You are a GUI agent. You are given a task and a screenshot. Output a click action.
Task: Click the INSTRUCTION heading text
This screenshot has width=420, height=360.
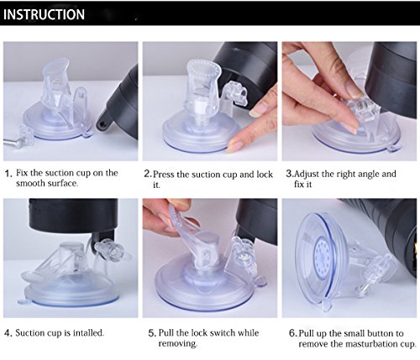click(x=44, y=14)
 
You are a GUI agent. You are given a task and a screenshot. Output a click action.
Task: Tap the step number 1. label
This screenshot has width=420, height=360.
click(x=8, y=174)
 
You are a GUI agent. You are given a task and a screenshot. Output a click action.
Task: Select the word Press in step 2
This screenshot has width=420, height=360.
click(x=164, y=175)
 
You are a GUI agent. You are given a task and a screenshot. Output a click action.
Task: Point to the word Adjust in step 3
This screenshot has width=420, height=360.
click(x=307, y=174)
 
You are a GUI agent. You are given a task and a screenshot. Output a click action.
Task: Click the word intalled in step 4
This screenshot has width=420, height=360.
click(x=88, y=333)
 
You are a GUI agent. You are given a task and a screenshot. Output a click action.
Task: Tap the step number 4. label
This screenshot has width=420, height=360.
click(x=8, y=333)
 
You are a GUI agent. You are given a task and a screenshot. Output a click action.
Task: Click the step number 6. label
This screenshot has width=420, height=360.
click(x=292, y=333)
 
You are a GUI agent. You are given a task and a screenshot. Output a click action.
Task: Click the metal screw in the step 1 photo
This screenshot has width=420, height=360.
click(x=11, y=141)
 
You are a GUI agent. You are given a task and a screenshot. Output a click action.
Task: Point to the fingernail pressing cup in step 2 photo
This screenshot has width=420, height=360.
click(x=234, y=147)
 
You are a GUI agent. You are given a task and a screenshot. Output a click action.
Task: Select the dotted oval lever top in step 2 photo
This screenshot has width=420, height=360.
click(x=204, y=69)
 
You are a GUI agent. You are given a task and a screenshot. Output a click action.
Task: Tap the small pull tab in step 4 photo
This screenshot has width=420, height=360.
click(x=24, y=302)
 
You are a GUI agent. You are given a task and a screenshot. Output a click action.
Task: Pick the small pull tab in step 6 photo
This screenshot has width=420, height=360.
click(x=327, y=306)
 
